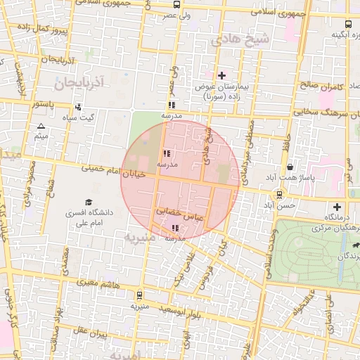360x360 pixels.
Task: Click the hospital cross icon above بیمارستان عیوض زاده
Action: coord(222,75)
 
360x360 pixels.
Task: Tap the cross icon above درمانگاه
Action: coord(338,207)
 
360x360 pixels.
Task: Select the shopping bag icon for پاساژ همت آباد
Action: coord(290,167)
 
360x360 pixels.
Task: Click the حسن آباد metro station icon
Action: coord(280,195)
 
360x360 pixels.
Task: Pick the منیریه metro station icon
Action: coord(139,295)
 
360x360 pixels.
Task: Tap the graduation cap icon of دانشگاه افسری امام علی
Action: coord(89,202)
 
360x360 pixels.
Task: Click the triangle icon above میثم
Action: coord(41,127)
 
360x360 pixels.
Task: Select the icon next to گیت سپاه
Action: coord(77,108)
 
